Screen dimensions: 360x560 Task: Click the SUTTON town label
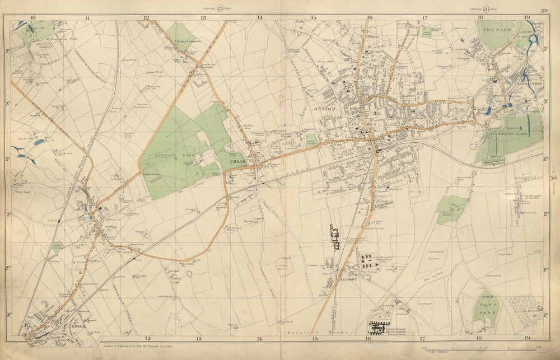[326, 110]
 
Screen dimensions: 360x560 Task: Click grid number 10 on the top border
[32, 18]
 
